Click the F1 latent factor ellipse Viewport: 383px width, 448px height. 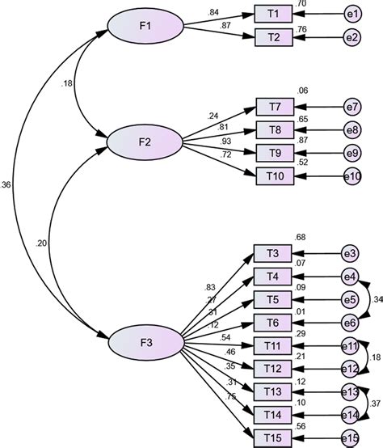point(145,26)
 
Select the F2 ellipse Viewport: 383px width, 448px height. point(145,142)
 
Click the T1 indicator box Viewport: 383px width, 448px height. point(272,14)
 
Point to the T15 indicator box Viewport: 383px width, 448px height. point(272,437)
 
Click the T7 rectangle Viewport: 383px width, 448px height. point(273,107)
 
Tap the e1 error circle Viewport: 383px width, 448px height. point(351,14)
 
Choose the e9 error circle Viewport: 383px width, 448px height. point(351,152)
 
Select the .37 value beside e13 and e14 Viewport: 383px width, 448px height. point(375,404)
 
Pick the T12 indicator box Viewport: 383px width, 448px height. point(272,369)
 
